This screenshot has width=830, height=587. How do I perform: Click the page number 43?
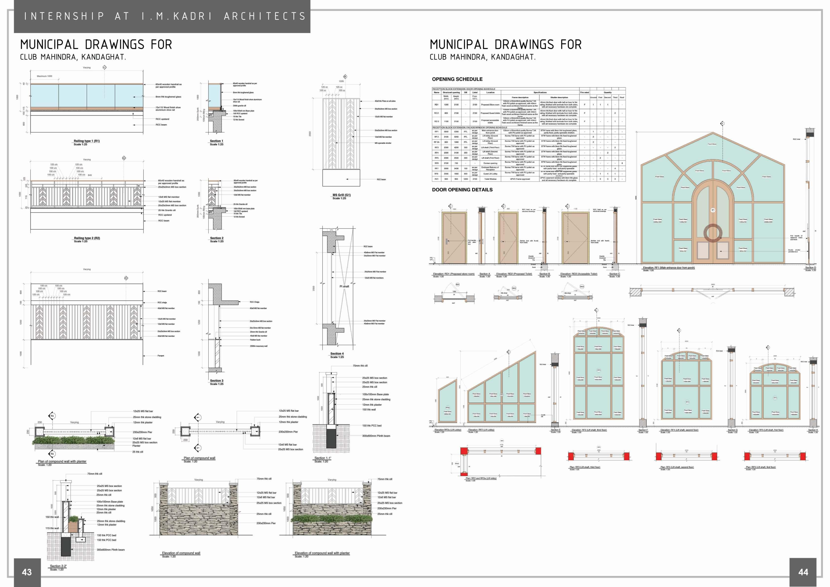point(27,572)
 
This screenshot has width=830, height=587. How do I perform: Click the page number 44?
point(803,572)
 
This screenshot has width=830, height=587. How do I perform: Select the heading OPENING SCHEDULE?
point(457,79)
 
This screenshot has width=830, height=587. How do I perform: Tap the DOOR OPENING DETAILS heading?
point(462,190)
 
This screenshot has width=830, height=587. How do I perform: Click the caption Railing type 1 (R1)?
point(87,141)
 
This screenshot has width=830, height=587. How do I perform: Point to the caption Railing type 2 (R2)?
point(87,238)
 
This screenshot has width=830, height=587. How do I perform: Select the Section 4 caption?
point(337,354)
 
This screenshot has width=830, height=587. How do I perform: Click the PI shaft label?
point(344,286)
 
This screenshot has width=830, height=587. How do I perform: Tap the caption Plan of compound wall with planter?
point(62,462)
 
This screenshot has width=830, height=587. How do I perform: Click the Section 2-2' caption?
point(58,566)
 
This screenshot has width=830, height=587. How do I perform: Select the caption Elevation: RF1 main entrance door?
point(669,268)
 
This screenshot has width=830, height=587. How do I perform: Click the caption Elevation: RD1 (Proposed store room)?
point(454,274)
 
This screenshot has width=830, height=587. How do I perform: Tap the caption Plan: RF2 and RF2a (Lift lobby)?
point(481,478)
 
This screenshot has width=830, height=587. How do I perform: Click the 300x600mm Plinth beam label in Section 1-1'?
point(376,436)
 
